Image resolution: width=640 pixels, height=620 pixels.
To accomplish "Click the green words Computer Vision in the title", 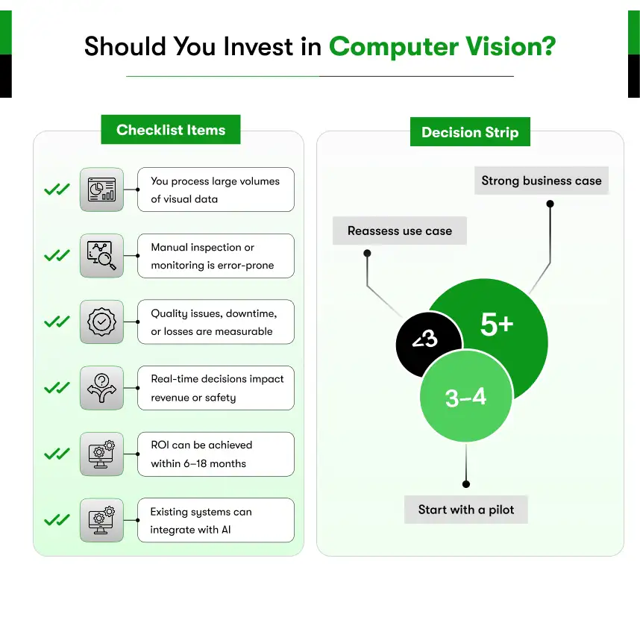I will (442, 46).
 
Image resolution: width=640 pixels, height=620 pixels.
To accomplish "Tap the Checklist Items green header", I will (171, 130).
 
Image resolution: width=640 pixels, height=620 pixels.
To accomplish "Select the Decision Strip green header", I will (470, 132).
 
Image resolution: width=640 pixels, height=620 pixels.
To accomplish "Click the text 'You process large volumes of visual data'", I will (216, 190).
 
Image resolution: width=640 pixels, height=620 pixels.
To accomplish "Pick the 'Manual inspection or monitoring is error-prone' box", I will (216, 256).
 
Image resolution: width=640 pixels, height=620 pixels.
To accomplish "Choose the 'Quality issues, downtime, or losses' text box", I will (216, 322).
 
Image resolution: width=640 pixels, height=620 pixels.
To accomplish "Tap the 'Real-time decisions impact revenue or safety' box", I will (216, 388).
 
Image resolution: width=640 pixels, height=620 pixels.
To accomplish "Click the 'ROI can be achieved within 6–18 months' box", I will (216, 454).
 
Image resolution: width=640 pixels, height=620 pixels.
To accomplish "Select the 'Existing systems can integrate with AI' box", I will (216, 521).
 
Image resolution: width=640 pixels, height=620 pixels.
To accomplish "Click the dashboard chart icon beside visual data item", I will (102, 190).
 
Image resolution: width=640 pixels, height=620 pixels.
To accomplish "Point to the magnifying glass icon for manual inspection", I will (102, 256).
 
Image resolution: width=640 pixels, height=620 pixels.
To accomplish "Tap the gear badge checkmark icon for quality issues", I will (102, 322).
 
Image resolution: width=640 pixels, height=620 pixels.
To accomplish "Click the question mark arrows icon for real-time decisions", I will (102, 388).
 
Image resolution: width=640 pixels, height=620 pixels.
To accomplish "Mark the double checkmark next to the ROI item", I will (57, 454).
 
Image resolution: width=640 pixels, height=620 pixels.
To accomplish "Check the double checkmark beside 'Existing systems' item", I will (57, 520).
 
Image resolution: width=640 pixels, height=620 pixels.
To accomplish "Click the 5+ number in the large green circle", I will (496, 325).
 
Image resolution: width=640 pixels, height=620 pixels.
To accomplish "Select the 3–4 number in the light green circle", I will (465, 398).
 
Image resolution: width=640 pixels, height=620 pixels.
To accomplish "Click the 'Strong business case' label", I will (542, 181).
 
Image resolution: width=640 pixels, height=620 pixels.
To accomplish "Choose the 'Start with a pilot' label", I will (466, 510).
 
